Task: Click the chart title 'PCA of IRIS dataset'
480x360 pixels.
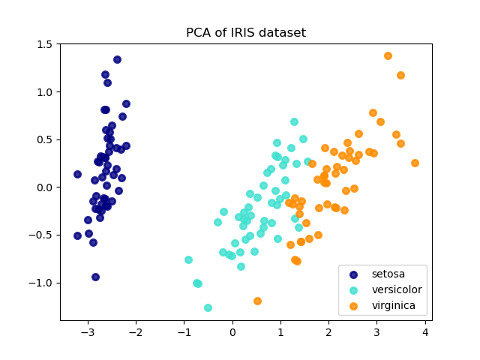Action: click(x=246, y=33)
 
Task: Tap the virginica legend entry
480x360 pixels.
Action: click(x=394, y=306)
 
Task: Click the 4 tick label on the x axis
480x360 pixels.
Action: click(x=424, y=332)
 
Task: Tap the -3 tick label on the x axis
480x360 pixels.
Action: click(x=88, y=332)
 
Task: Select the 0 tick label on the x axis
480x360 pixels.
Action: click(x=232, y=332)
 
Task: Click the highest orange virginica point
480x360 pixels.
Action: click(x=388, y=55)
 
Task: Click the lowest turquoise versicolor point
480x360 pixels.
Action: click(x=208, y=307)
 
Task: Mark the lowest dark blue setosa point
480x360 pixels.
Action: click(x=95, y=277)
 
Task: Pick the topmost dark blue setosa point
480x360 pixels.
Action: click(x=117, y=59)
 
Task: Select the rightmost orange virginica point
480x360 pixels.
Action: click(x=415, y=163)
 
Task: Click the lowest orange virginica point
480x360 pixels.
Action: click(x=257, y=301)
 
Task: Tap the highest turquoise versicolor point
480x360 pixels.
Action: click(x=294, y=121)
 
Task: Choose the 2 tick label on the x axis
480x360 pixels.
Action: click(x=328, y=332)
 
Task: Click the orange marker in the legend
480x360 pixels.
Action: click(x=354, y=306)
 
